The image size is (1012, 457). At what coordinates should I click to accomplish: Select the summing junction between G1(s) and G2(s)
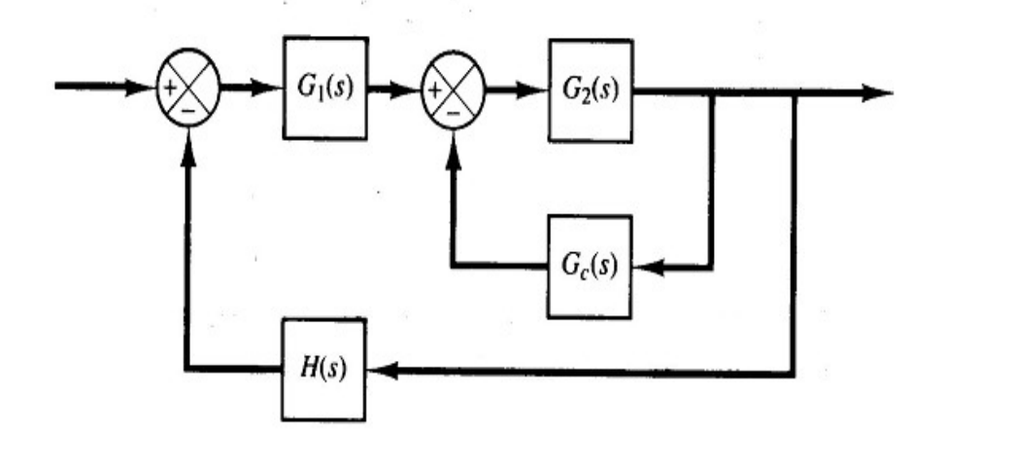(x=453, y=92)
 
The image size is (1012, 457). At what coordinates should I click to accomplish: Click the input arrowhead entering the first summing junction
(x=145, y=88)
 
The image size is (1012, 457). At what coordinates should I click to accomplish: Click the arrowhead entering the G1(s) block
(x=271, y=89)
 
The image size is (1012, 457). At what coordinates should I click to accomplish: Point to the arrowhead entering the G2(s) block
(x=537, y=91)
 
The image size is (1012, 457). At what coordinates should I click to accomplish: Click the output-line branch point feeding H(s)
(x=794, y=93)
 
